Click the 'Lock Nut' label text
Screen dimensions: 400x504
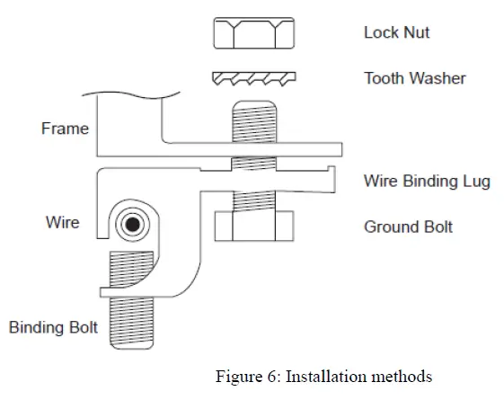point(396,32)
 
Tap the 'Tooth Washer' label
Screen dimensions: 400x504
point(414,78)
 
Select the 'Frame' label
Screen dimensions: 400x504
point(65,129)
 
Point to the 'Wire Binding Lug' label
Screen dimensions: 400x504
point(427,181)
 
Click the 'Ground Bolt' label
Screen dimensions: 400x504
point(408,227)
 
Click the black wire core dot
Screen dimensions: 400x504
point(134,224)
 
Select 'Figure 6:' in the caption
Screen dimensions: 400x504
point(245,376)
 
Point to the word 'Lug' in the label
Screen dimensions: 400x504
point(477,181)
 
